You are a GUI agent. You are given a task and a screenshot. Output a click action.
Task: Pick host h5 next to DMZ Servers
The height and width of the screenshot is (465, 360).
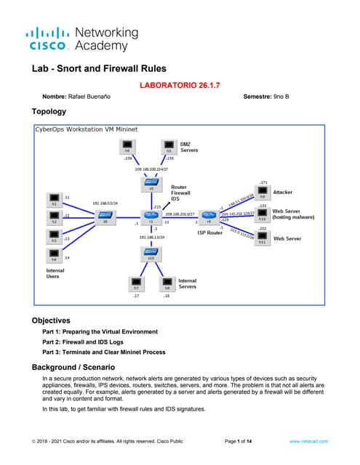[x=168, y=147]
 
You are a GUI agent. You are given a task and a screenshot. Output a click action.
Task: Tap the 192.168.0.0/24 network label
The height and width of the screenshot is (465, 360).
[x=105, y=203]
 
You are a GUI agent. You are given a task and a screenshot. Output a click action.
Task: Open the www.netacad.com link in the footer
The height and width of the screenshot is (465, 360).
[x=308, y=440]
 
